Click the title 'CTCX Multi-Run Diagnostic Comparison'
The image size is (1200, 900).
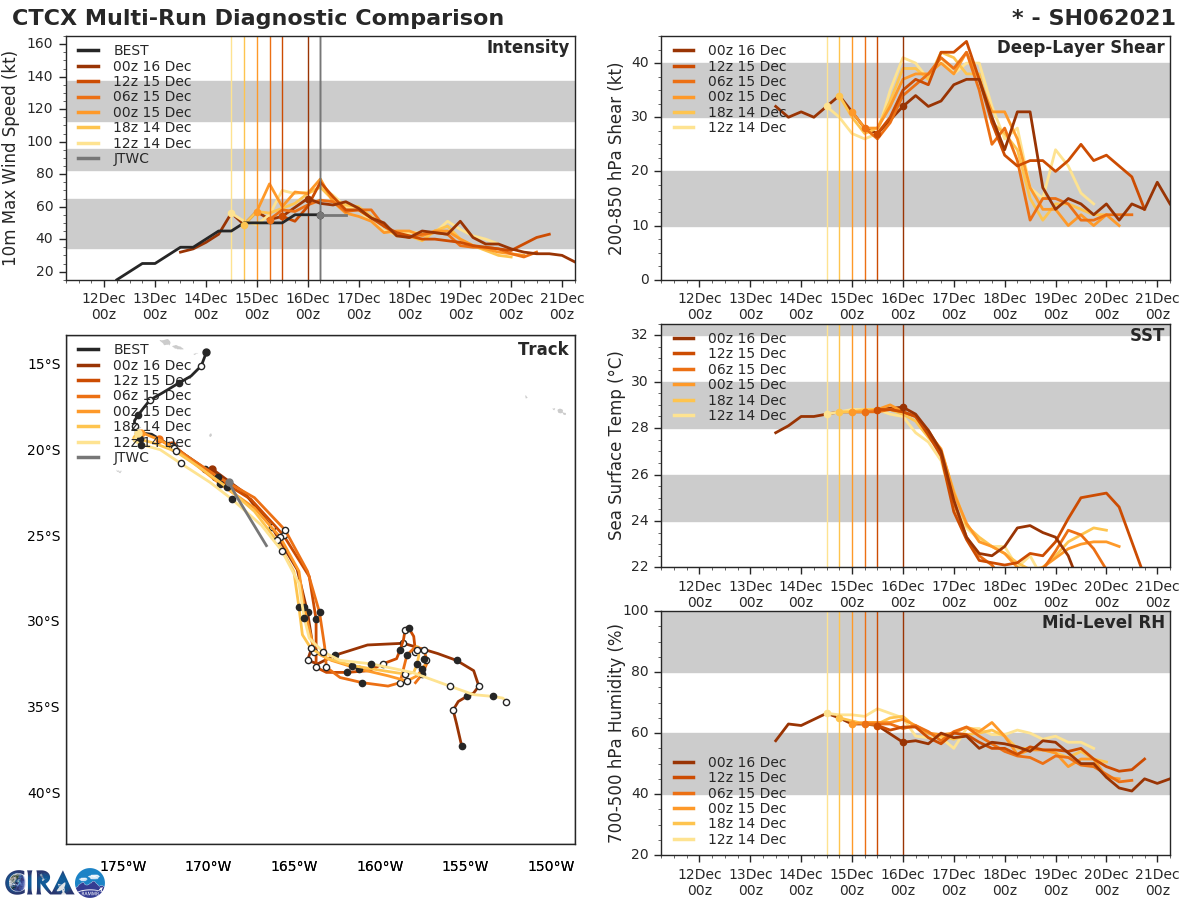(x=258, y=18)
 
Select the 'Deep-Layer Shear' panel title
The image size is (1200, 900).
(x=1080, y=48)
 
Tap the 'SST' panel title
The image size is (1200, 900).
(x=1146, y=335)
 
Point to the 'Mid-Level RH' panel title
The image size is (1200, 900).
(x=1102, y=622)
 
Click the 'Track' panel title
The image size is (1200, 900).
(x=543, y=349)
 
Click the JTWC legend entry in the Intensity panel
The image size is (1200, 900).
(x=132, y=158)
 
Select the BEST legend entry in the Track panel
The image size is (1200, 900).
(x=131, y=349)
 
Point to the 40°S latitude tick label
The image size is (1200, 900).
(x=42, y=794)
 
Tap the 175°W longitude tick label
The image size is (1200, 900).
(x=124, y=866)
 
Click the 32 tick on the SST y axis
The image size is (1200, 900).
(x=640, y=335)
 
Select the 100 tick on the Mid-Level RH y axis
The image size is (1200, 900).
(x=635, y=611)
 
